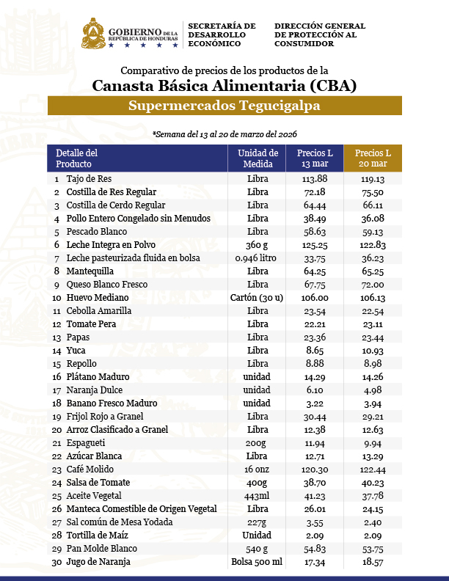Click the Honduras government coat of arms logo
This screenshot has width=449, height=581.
pos(92,34)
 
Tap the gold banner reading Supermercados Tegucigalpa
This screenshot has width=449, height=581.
pos(224,106)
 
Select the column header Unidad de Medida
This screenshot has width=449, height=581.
pos(258,158)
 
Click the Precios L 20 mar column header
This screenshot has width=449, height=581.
pos(373,158)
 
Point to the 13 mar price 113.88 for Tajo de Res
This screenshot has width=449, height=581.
pos(314,178)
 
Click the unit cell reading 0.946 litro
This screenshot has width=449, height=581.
pos(258,257)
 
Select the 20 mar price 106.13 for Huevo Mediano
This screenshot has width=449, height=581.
pos(373,297)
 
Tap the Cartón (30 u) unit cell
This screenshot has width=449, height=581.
pos(258,297)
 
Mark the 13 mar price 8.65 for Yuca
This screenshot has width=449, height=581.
pos(314,350)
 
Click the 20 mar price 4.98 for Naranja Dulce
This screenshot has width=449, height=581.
pos(373,390)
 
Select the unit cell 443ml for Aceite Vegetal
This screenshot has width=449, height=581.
pos(258,495)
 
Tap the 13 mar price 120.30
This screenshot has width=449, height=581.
pos(314,469)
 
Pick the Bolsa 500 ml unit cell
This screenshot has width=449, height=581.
pos(258,561)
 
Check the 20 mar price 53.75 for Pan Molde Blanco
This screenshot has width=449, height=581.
pos(373,548)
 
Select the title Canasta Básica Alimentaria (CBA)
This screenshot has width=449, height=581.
pos(224,86)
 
